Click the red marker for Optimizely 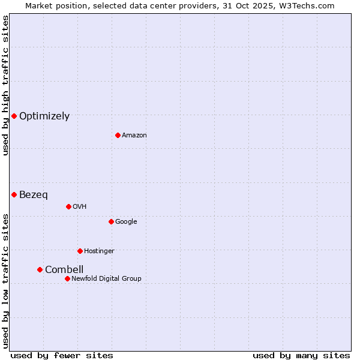coord(14,116)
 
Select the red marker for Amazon coord(118,135)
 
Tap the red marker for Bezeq coord(14,194)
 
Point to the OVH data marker coord(68,206)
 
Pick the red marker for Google coord(111,221)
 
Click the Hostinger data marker coord(80,251)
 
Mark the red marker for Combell coord(40,269)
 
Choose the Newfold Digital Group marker coord(67,278)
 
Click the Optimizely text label coord(44,116)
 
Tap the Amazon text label coord(134,136)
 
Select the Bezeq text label coord(34,195)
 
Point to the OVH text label coord(80,207)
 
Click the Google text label coord(126,222)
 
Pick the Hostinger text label coord(99,251)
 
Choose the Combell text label coord(64,270)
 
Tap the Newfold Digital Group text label coord(106,279)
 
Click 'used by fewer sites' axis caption coord(62,356)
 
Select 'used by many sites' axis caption coord(301,356)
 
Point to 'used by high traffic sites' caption coord(6,85)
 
